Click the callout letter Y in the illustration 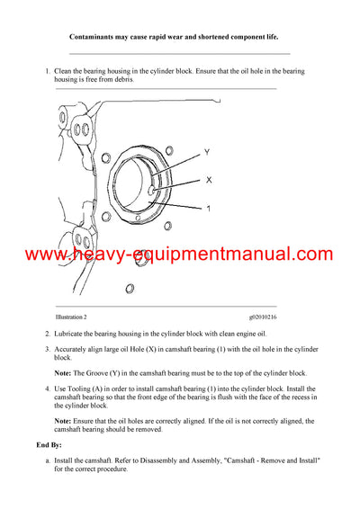coord(207,151)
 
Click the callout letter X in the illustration coord(209,180)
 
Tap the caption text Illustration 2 coord(71,317)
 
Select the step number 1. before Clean coord(47,70)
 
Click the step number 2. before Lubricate coord(47,334)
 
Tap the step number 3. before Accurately coord(47,348)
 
